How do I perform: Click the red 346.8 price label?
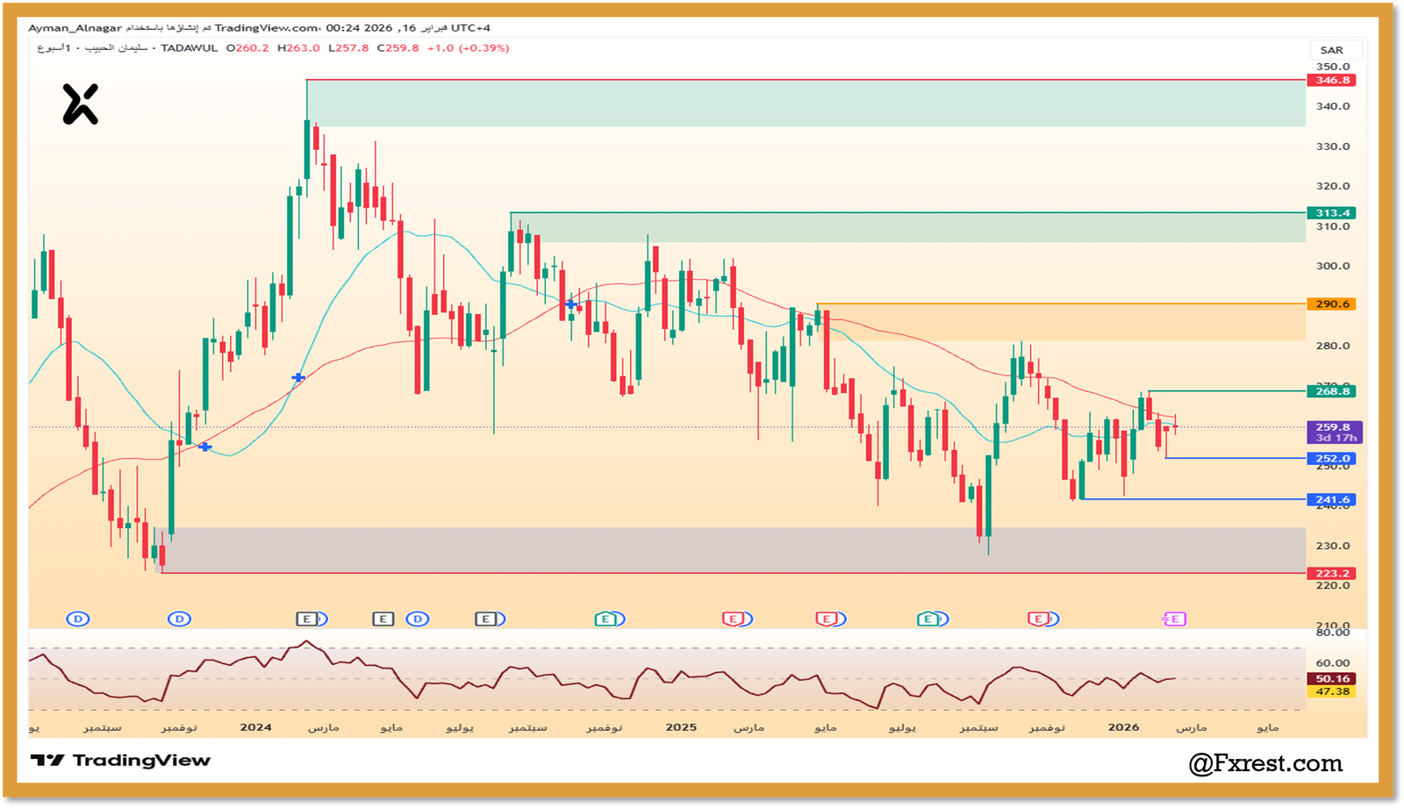tap(1331, 81)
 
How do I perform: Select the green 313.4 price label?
tap(1331, 213)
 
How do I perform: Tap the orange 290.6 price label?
tap(1331, 304)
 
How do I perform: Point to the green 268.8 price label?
tap(1331, 391)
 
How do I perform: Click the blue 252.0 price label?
tap(1331, 459)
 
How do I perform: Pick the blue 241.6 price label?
tap(1331, 500)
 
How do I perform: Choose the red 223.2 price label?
tap(1331, 574)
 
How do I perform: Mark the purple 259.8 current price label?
tap(1332, 428)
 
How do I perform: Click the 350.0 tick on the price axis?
tap(1332, 67)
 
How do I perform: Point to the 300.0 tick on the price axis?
tap(1332, 266)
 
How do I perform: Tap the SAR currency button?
tap(1331, 50)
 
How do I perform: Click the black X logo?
tap(80, 104)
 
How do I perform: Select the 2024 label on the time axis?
tap(255, 727)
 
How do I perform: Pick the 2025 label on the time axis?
tap(681, 727)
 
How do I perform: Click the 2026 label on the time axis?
tap(1123, 727)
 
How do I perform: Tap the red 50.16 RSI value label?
tap(1332, 679)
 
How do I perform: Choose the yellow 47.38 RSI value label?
tap(1332, 692)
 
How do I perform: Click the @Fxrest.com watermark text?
tap(1265, 763)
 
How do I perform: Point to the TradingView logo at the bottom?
tap(121, 761)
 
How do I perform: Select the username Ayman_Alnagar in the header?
tap(75, 28)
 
